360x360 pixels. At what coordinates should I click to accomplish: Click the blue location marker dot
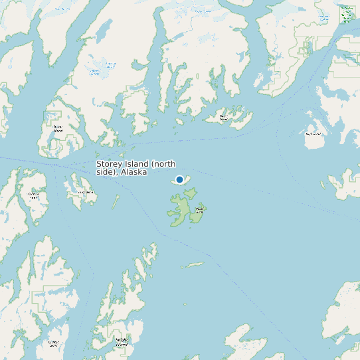point(179,179)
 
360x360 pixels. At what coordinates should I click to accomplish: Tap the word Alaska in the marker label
point(134,172)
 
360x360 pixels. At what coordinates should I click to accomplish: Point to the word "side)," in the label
point(107,172)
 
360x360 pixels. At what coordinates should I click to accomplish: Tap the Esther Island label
point(57,128)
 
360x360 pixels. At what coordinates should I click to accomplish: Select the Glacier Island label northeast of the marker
point(224,118)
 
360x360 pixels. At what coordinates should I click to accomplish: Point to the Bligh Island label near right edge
point(313,134)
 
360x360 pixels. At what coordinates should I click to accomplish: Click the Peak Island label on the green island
point(199,209)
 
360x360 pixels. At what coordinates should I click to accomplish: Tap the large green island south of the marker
point(179,210)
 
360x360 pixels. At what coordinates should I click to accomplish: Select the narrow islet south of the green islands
point(195,264)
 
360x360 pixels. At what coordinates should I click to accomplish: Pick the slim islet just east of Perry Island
point(116,201)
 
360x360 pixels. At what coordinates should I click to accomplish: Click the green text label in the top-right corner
point(346,12)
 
